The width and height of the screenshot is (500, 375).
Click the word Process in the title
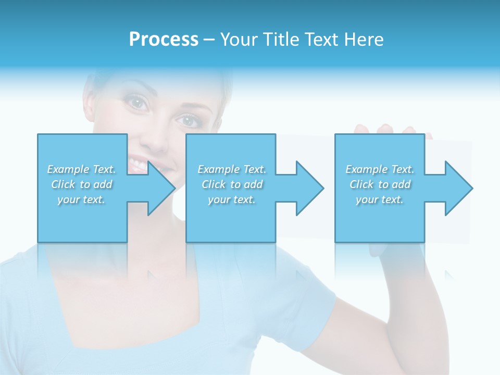[x=164, y=40]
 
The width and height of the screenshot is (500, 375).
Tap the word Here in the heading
[x=365, y=40]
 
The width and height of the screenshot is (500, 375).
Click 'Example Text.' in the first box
[x=82, y=169]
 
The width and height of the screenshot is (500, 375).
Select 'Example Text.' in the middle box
[x=232, y=169]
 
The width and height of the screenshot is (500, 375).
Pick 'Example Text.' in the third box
[x=380, y=169]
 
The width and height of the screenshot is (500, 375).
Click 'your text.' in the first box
[x=82, y=199]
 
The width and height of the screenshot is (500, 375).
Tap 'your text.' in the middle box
[x=232, y=199]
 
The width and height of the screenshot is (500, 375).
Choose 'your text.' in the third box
[x=380, y=199]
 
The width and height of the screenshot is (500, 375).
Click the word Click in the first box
[x=64, y=184]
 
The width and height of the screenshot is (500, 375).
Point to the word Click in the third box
[x=362, y=184]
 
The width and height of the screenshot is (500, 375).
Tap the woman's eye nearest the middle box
[x=188, y=121]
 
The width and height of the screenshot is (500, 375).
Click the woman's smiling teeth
[x=137, y=166]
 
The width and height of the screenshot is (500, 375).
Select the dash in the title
[x=209, y=40]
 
